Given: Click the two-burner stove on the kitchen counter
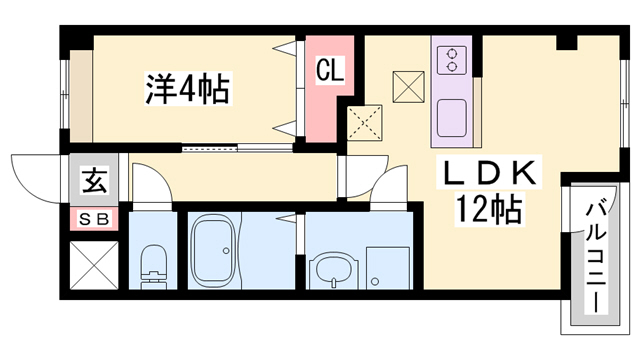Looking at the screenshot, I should (x=452, y=59).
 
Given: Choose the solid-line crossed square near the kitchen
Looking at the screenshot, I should (x=408, y=86).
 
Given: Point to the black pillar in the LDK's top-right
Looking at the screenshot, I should (x=567, y=43).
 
